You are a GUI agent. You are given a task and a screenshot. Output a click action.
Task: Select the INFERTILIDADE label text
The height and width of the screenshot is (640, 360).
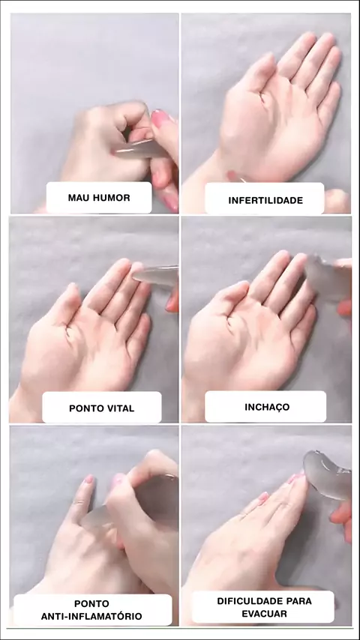(x=265, y=200)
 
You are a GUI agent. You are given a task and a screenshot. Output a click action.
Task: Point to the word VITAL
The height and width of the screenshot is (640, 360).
(x=118, y=408)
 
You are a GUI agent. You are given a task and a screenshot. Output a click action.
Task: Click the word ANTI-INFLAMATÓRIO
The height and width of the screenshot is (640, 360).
(x=91, y=616)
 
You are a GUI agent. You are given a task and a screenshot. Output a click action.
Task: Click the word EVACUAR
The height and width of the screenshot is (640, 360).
(x=265, y=614)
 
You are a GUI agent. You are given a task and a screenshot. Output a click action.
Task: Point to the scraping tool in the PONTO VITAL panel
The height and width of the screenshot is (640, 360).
(x=157, y=275)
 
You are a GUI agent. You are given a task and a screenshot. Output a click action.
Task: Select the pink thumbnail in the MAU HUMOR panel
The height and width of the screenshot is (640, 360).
(x=160, y=118)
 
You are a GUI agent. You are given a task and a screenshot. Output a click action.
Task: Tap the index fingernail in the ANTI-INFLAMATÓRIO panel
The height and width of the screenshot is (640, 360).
(x=88, y=479)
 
